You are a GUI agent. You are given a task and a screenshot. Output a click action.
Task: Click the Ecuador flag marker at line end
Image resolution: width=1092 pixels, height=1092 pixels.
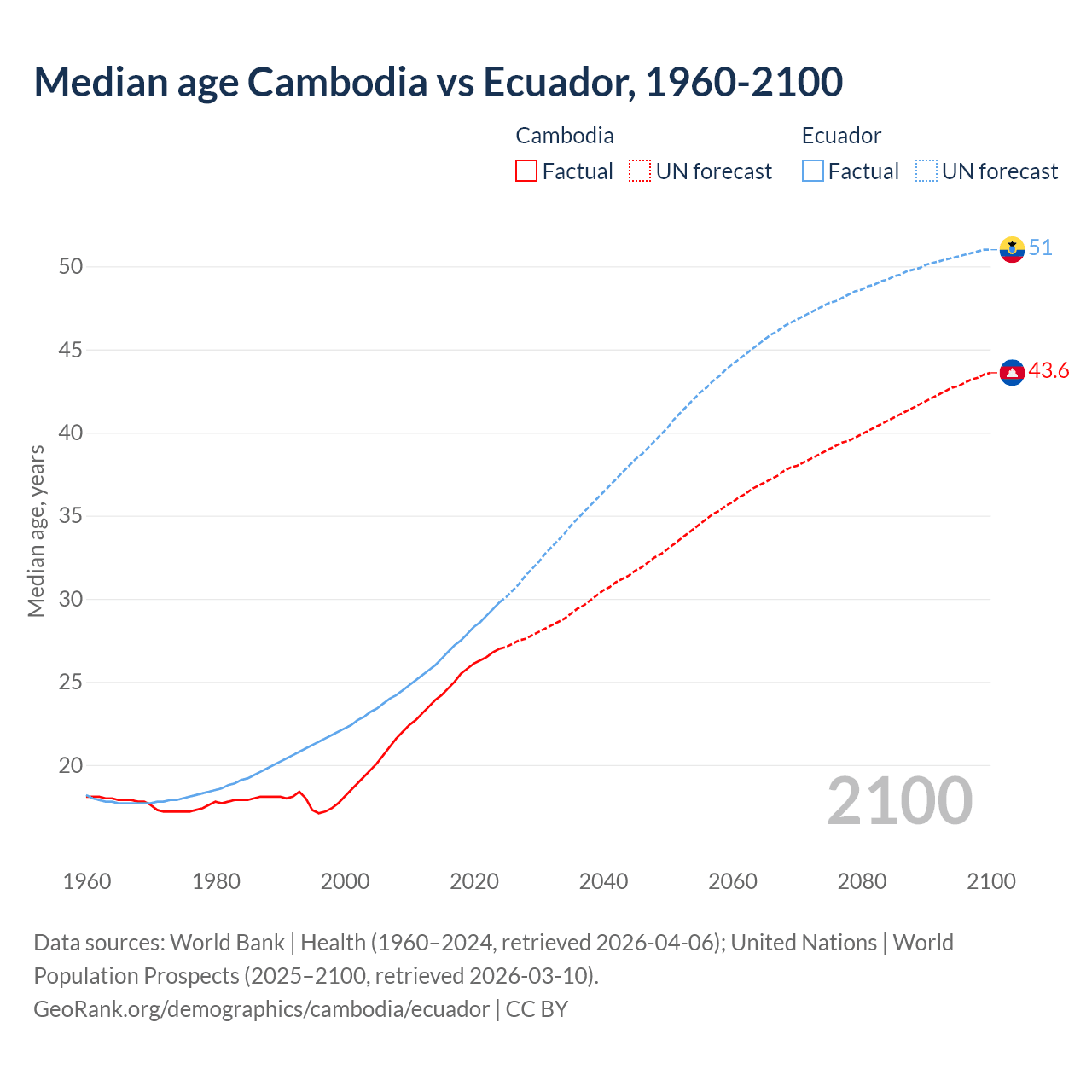click(x=1012, y=249)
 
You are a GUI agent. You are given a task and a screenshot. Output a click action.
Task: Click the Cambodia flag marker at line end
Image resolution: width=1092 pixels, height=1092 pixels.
click(x=1012, y=372)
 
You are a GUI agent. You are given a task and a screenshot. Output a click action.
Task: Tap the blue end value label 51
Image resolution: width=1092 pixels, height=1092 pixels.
click(x=1041, y=248)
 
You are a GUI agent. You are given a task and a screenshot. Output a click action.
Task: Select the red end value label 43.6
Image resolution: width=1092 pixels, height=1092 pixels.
click(x=1048, y=371)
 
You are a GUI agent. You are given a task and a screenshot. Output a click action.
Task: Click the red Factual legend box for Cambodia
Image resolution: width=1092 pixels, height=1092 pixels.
click(x=526, y=171)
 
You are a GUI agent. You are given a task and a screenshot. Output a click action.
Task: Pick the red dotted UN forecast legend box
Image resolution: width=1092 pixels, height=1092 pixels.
click(x=640, y=171)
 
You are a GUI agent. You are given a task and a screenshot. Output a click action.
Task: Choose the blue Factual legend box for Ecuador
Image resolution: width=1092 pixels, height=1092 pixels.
click(x=813, y=171)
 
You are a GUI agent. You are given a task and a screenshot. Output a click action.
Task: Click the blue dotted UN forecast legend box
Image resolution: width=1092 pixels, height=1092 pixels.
click(x=926, y=171)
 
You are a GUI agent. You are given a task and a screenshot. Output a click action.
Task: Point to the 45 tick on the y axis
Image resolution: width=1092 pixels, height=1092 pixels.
click(x=71, y=350)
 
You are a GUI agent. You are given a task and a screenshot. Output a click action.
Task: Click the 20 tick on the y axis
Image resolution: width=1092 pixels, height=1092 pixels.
click(x=71, y=765)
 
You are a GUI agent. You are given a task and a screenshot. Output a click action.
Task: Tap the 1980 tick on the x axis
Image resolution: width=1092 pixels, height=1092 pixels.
click(x=216, y=881)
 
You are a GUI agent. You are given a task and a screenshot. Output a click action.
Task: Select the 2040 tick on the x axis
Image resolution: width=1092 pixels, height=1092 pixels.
click(x=603, y=881)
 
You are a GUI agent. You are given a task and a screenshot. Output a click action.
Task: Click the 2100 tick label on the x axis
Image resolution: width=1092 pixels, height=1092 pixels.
click(x=991, y=881)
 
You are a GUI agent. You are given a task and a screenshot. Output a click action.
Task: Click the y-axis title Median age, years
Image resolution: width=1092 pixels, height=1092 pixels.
click(x=36, y=531)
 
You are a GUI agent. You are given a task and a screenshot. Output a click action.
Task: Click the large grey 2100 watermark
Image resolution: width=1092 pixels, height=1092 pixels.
click(x=900, y=801)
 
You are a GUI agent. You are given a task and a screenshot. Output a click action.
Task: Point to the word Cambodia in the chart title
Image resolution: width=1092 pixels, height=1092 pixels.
click(x=338, y=82)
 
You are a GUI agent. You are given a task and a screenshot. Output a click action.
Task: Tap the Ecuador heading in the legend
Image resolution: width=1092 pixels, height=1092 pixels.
click(x=841, y=136)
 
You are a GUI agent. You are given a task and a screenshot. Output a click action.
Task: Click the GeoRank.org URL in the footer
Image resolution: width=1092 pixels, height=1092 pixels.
click(x=261, y=1008)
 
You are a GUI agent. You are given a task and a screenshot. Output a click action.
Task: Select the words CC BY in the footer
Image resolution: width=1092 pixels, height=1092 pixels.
click(x=537, y=1008)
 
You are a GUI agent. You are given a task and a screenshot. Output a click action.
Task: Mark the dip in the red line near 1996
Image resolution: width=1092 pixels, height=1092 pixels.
click(x=319, y=813)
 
